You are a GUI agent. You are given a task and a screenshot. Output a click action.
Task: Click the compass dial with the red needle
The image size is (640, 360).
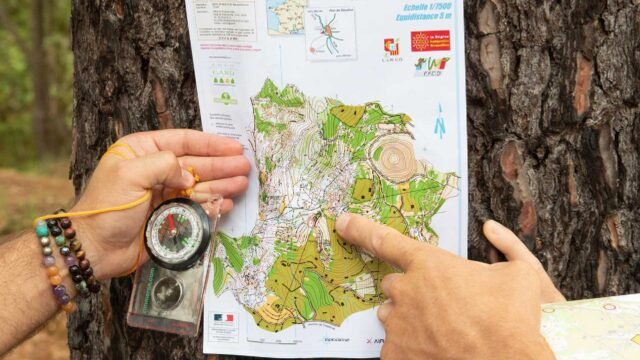click(177, 233)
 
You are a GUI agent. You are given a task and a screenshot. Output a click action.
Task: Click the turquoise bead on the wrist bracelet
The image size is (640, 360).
click(42, 230)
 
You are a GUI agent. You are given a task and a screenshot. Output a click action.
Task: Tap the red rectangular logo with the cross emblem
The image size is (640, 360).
click(430, 41)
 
